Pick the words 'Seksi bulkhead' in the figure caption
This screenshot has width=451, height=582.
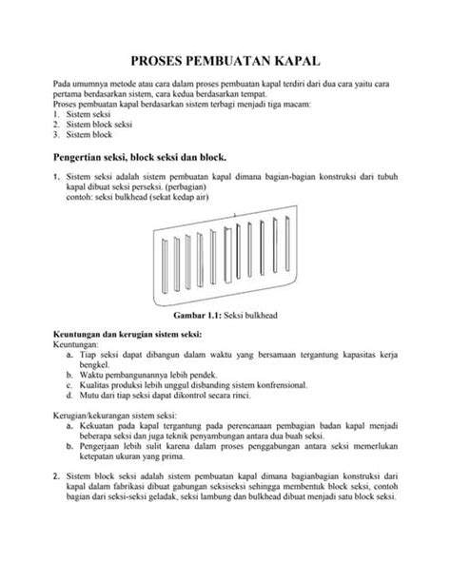point(253,315)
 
